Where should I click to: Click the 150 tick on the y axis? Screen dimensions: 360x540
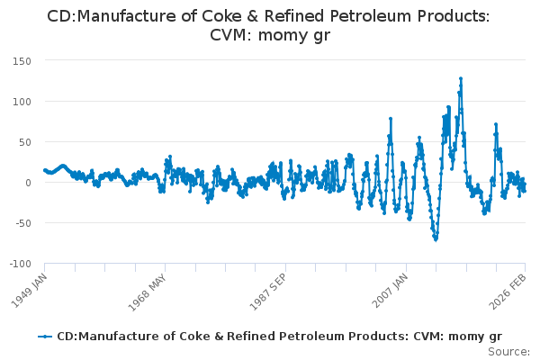21,61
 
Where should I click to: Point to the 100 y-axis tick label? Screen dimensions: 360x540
21,102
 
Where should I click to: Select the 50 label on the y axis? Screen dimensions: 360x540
24,142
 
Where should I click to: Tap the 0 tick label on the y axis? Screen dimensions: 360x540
28,183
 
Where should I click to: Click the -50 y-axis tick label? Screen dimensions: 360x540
22,223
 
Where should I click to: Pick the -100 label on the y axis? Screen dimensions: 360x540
19,264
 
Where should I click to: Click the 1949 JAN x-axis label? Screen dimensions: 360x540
29,287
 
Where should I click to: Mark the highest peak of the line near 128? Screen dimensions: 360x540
461,78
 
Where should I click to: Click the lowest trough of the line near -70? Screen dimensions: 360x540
436,239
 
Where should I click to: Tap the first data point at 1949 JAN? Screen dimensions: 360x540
44,169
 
